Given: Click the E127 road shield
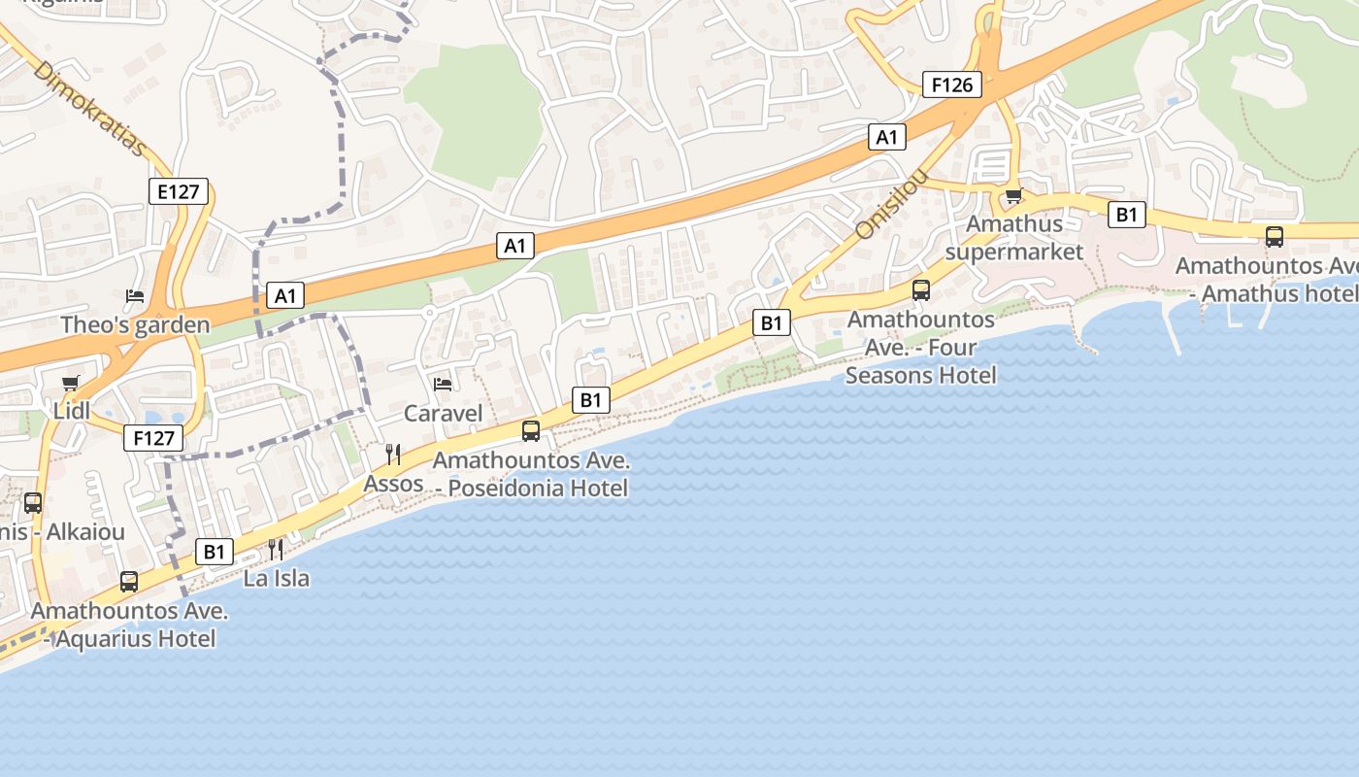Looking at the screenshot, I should pyautogui.click(x=179, y=191).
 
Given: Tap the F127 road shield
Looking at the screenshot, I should pyautogui.click(x=153, y=438).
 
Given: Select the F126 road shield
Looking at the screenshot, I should pyautogui.click(x=951, y=85).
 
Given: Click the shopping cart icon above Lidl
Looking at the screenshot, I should pyautogui.click(x=70, y=384).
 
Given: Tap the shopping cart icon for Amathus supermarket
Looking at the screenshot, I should pyautogui.click(x=1014, y=196).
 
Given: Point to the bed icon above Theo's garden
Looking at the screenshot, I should pyautogui.click(x=135, y=295).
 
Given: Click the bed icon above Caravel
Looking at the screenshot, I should pyautogui.click(x=443, y=385).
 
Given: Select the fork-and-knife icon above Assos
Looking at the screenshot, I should pyautogui.click(x=393, y=455).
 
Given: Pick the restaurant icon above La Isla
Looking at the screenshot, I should pyautogui.click(x=276, y=550).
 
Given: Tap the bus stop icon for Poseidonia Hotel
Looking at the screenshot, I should pyautogui.click(x=531, y=430).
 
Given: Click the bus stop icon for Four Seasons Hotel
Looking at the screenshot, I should pyautogui.click(x=921, y=289).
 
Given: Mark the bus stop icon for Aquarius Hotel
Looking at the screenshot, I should pyautogui.click(x=129, y=582).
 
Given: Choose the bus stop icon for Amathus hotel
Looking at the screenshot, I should pyautogui.click(x=1275, y=236).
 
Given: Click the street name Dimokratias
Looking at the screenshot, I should pyautogui.click(x=89, y=110).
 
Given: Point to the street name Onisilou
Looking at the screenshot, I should pyautogui.click(x=891, y=206).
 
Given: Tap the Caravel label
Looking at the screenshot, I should pyautogui.click(x=443, y=414).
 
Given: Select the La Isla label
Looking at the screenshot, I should pyautogui.click(x=277, y=579).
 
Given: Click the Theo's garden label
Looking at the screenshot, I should pyautogui.click(x=135, y=324).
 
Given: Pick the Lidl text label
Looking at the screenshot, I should pyautogui.click(x=72, y=411).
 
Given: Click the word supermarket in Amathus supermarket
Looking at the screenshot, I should pyautogui.click(x=1013, y=253).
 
